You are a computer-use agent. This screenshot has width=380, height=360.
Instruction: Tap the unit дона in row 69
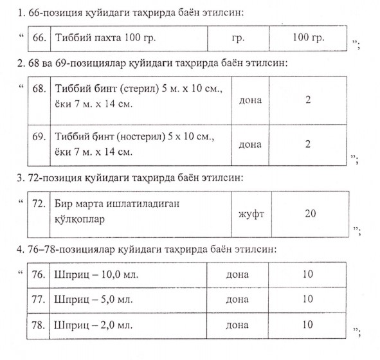(x=250, y=145)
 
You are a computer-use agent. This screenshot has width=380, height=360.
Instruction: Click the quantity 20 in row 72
(x=310, y=212)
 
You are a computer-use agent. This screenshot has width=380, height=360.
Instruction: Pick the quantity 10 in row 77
(x=307, y=299)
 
